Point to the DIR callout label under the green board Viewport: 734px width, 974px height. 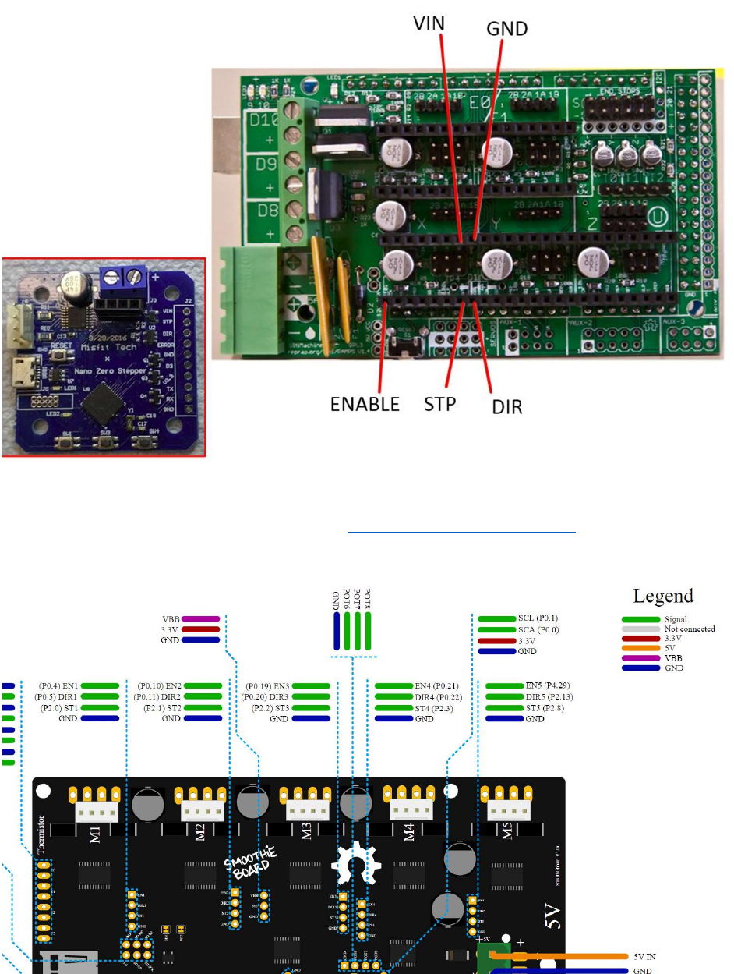(x=506, y=406)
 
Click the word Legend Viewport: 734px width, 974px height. (x=662, y=596)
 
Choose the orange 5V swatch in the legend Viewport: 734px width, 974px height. (x=641, y=648)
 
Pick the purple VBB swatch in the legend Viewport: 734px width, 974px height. (x=641, y=658)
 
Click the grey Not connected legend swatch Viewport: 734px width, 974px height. (x=641, y=629)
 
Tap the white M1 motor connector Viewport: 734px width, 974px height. (x=96, y=813)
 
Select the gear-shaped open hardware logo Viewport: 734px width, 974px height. (x=355, y=862)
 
